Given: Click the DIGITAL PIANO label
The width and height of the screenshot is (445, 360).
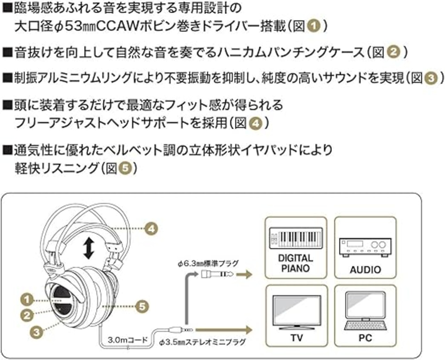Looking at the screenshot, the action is point(296,263).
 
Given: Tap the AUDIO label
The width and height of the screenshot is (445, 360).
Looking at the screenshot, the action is point(365,270).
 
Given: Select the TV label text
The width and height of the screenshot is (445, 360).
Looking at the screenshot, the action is point(297,338).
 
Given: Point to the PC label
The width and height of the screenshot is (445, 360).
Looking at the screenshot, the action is point(365,338).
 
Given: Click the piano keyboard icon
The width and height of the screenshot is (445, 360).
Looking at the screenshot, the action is point(296,238).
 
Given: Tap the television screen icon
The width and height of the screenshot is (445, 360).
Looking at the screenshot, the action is point(297,312).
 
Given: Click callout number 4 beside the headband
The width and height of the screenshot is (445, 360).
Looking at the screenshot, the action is point(151,229).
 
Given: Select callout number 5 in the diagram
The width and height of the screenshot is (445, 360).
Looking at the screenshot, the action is point(142,307).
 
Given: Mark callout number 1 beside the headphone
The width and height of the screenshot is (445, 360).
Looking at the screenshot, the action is point(27,299).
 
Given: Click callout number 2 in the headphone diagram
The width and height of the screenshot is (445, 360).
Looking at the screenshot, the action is point(27,315).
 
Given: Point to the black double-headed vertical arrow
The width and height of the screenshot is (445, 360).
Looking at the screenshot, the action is point(89,249).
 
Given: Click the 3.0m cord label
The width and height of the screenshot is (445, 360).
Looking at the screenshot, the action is point(128,340).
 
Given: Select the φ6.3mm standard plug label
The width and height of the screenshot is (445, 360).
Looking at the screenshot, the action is point(208,264).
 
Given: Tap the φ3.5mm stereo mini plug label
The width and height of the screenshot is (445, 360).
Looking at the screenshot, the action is point(202,342).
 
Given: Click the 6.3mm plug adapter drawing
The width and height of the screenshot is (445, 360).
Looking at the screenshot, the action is point(217,274).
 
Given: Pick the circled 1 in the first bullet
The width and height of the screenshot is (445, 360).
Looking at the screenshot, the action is point(314,26).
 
